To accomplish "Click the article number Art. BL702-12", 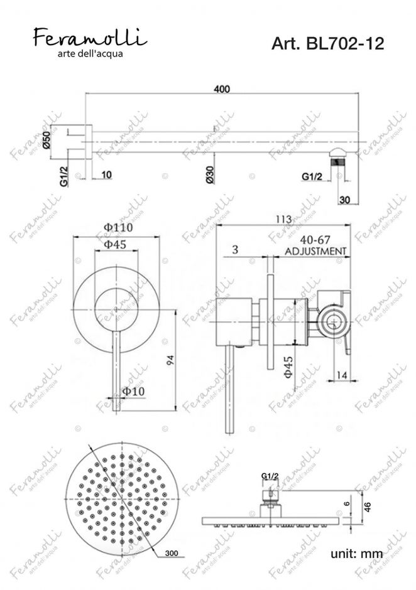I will pyautogui.click(x=327, y=43).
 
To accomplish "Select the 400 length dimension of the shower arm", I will pyautogui.click(x=221, y=89).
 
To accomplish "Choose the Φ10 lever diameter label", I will pyautogui.click(x=134, y=391).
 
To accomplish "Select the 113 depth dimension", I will pyautogui.click(x=283, y=219).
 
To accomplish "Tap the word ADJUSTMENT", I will pyautogui.click(x=315, y=250).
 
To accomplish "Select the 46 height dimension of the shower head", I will pyautogui.click(x=376, y=507).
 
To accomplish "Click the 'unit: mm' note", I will pyautogui.click(x=356, y=553).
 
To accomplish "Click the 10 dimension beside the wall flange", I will pyautogui.click(x=105, y=174).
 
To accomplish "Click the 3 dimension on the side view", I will pyautogui.click(x=234, y=250).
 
